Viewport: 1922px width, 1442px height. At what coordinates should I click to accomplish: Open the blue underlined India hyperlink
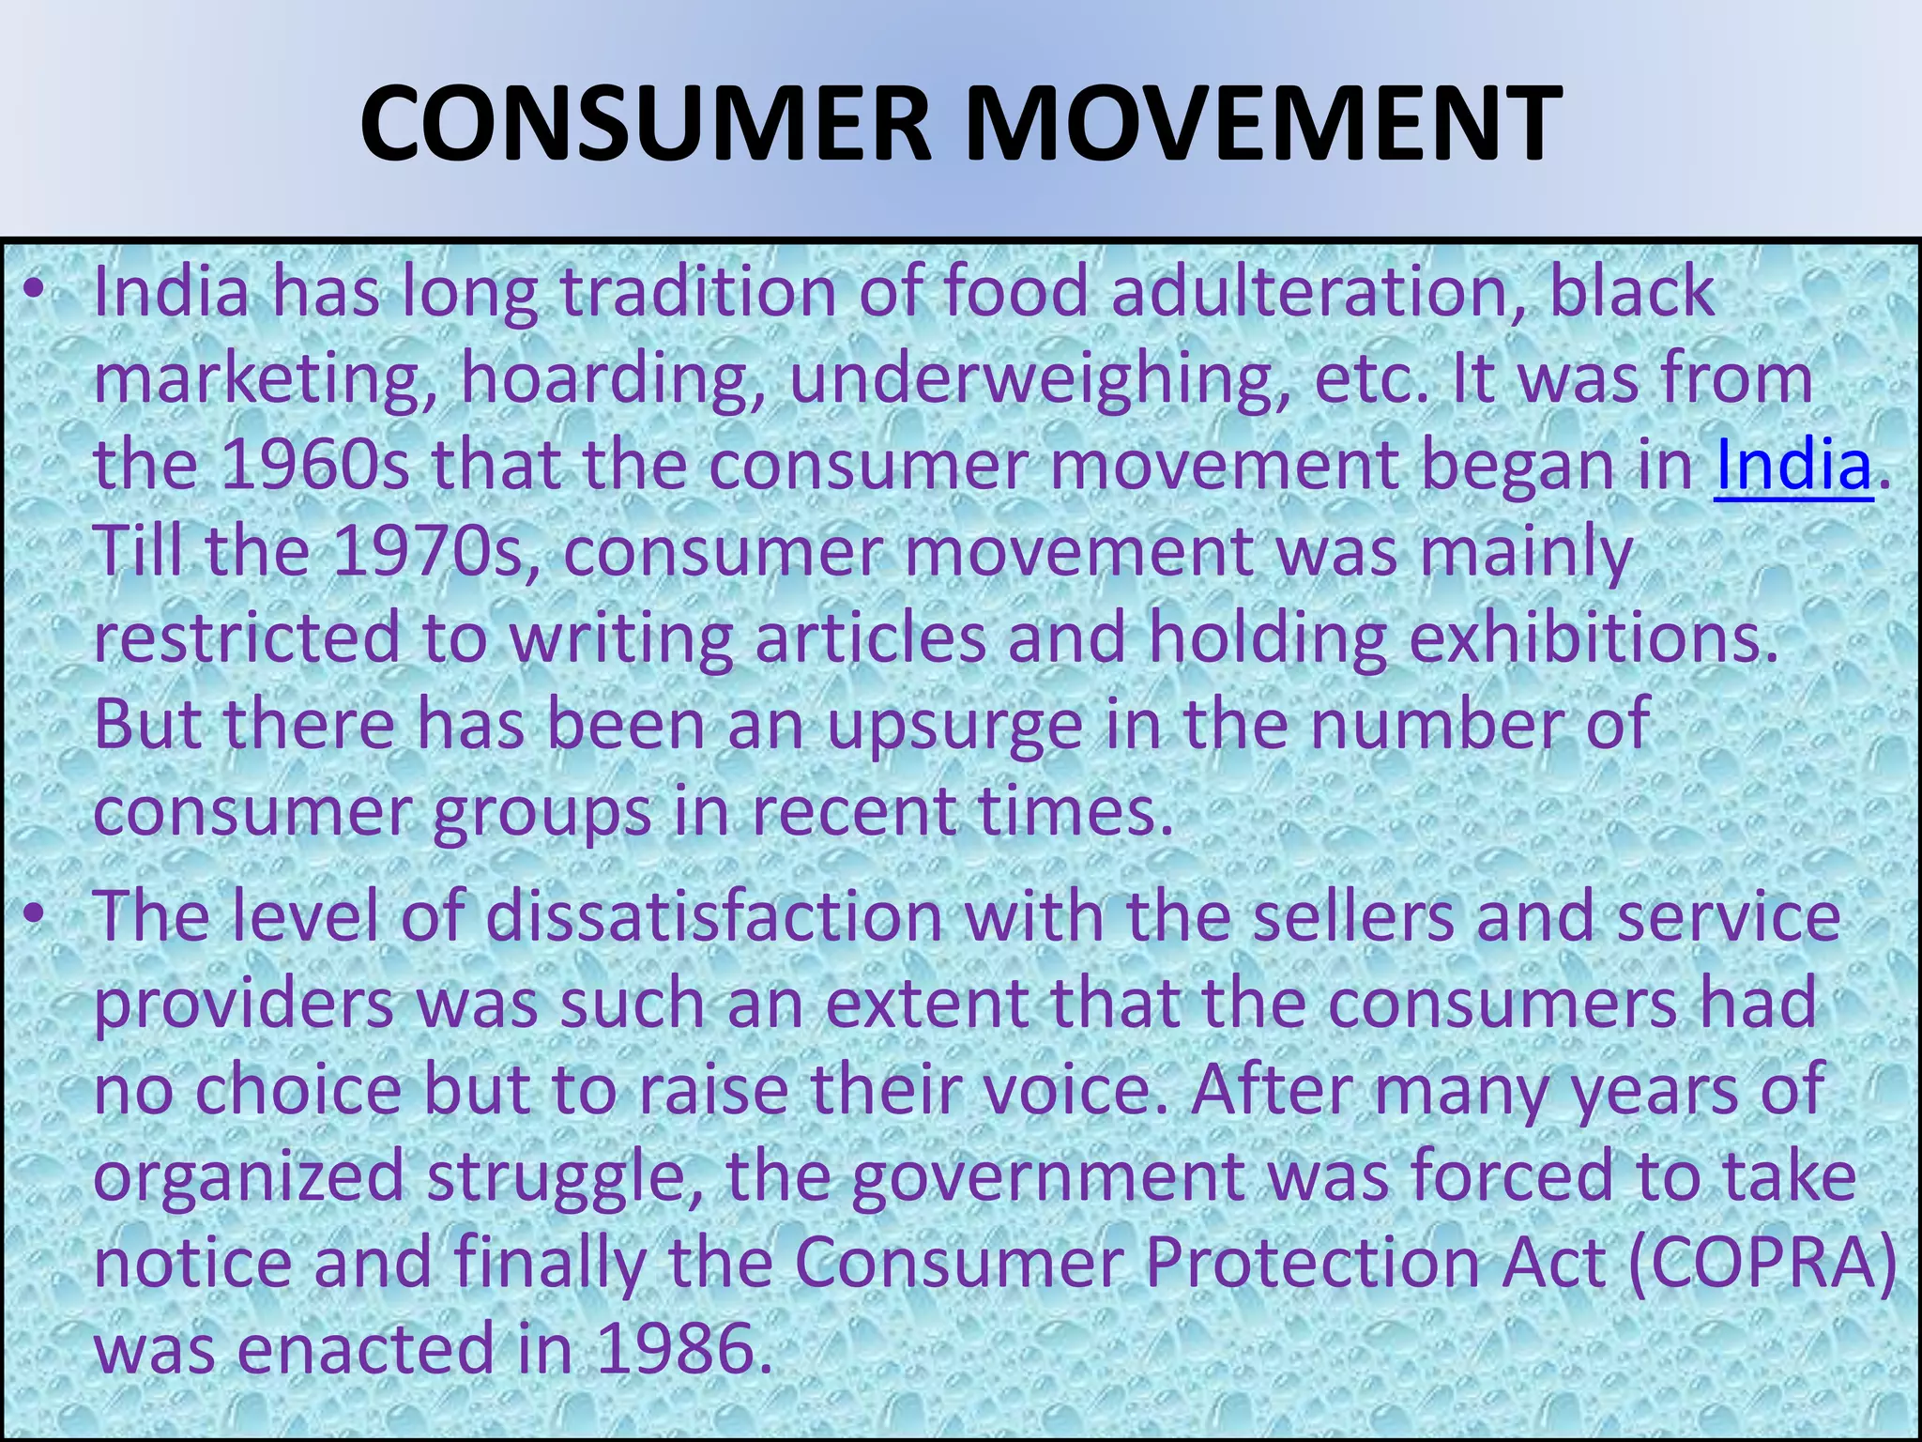click(x=1792, y=466)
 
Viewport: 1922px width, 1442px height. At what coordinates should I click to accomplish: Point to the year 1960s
click(x=315, y=466)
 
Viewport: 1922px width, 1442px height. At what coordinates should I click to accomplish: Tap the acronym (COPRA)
click(x=1762, y=1263)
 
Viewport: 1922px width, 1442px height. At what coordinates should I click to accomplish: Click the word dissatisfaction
click(x=714, y=916)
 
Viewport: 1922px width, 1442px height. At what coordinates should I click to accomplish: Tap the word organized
click(x=249, y=1177)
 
